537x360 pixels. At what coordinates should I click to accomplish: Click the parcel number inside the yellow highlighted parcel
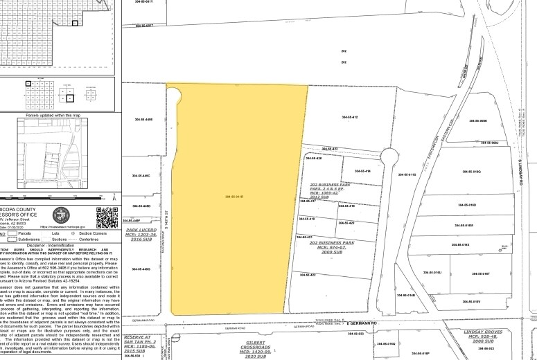point(235,197)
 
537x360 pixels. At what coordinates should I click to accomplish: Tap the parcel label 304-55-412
point(349,118)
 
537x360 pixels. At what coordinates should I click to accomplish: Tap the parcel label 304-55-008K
point(479,121)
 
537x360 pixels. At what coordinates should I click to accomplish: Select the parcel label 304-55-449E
point(143,119)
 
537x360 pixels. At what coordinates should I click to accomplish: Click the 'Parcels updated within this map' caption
point(53,115)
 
